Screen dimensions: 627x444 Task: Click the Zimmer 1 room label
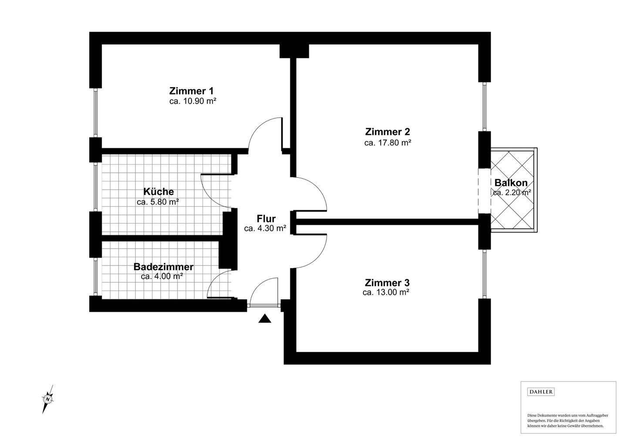(192, 91)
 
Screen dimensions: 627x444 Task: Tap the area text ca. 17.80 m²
(388, 143)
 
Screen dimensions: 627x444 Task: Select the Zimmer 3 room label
(387, 282)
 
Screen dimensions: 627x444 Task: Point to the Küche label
(158, 191)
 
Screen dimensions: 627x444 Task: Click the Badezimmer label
(163, 266)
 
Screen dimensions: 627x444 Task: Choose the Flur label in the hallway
(266, 219)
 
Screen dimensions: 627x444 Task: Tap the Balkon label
(511, 183)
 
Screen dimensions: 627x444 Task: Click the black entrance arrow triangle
(265, 319)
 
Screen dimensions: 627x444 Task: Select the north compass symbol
(48, 399)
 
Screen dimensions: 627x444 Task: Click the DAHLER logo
(541, 392)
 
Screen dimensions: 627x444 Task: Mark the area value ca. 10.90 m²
(193, 101)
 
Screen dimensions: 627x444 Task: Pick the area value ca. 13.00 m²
(386, 292)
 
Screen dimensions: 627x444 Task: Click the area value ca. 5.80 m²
(158, 202)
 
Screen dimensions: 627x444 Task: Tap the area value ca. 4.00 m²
(162, 277)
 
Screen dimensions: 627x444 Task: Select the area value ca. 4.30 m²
(265, 229)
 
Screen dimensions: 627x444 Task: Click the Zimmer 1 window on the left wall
(95, 113)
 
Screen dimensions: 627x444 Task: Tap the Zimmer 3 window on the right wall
(485, 274)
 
